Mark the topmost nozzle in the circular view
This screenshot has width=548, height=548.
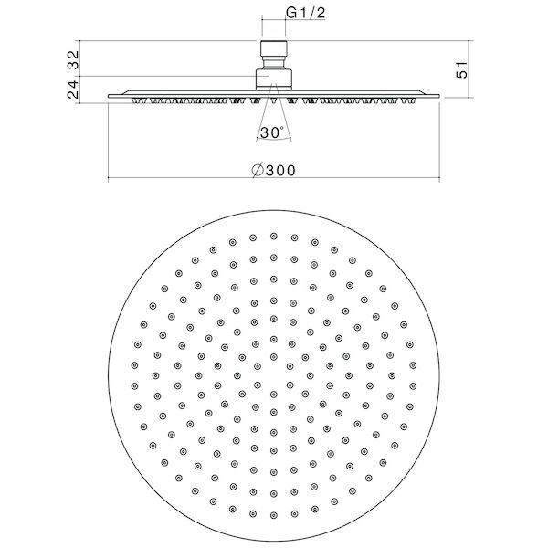pyautogui.click(x=273, y=236)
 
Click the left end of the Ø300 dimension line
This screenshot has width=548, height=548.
pyautogui.click(x=110, y=176)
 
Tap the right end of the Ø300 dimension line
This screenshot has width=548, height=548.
pyautogui.click(x=437, y=176)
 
